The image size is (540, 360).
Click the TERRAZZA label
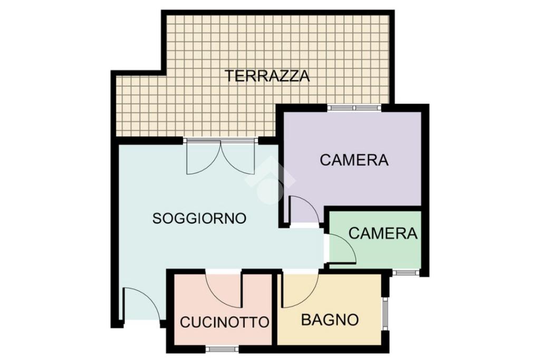coord(267,75)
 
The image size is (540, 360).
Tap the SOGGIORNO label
coord(199,218)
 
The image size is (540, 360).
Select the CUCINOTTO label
coord(225,322)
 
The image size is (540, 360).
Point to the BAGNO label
coord(330,320)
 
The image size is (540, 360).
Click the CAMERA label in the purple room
coord(354,160)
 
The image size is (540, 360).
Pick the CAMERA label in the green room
coord(383,233)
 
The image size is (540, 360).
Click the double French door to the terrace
coord(220,157)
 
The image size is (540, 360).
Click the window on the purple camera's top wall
coord(354,108)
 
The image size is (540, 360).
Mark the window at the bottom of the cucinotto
coord(222,349)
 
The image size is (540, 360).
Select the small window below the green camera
coord(407,273)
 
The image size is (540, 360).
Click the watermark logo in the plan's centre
coord(271,179)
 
